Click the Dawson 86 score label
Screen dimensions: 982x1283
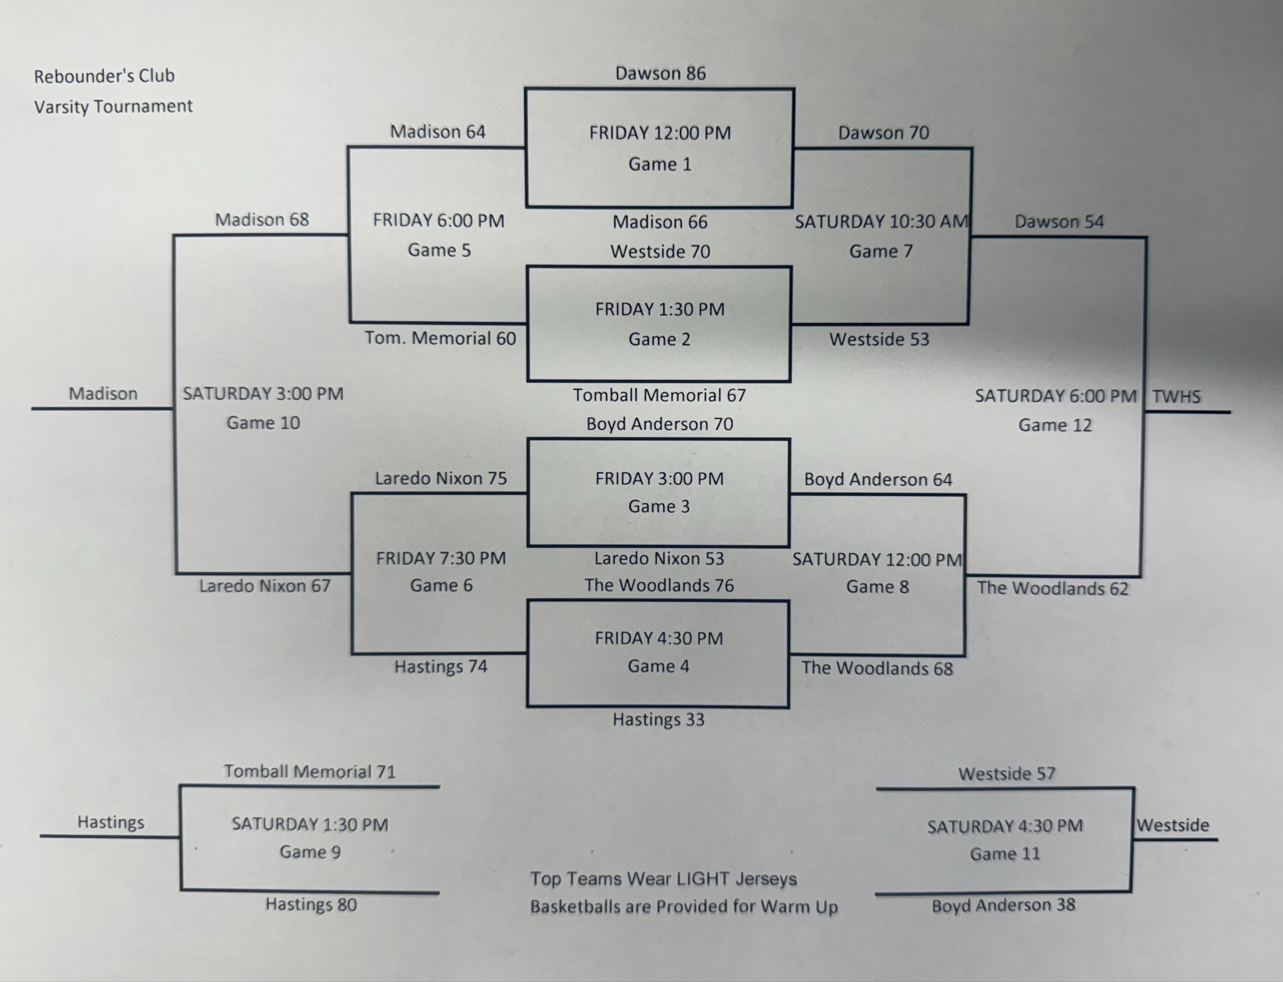pyautogui.click(x=660, y=73)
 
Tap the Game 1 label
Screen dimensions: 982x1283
pyautogui.click(x=660, y=164)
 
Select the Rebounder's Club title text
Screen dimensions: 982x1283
pyautogui.click(x=104, y=76)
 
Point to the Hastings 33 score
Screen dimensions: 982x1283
pyautogui.click(x=658, y=720)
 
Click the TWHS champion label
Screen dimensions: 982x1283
pyautogui.click(x=1176, y=396)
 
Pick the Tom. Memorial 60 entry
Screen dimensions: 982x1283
pyautogui.click(x=440, y=338)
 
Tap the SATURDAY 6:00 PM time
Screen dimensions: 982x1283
pyautogui.click(x=1055, y=396)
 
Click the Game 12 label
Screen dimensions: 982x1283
pyautogui.click(x=1055, y=425)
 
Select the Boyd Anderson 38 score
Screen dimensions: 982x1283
pyautogui.click(x=1003, y=905)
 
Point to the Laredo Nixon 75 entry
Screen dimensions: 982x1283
pyautogui.click(x=441, y=478)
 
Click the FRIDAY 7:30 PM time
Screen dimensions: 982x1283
pyautogui.click(x=441, y=558)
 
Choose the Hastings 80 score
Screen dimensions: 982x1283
pyautogui.click(x=311, y=904)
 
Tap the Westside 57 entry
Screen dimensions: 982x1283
pyautogui.click(x=1007, y=774)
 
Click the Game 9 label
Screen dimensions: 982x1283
pyautogui.click(x=310, y=852)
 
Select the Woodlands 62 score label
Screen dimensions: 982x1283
pyautogui.click(x=1052, y=588)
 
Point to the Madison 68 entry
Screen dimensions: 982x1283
pyautogui.click(x=262, y=220)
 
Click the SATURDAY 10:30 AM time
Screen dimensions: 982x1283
pyautogui.click(x=881, y=222)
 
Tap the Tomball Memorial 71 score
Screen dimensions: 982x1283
pyautogui.click(x=310, y=772)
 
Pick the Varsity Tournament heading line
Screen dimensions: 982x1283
pyautogui.click(x=113, y=106)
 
